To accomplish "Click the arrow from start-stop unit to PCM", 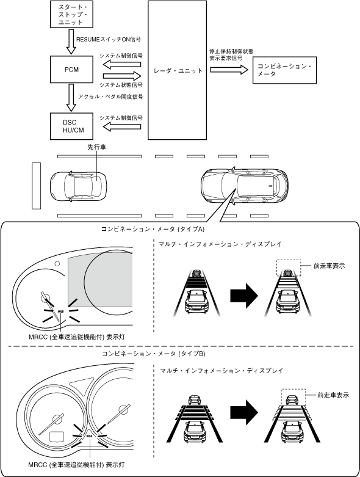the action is pyautogui.click(x=71, y=42).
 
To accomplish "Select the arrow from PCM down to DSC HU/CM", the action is pyautogui.click(x=71, y=98).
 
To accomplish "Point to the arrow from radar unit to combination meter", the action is pyautogui.click(x=229, y=70).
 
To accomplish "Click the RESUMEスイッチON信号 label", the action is pyautogui.click(x=109, y=40).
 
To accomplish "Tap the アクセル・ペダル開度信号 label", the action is pyautogui.click(x=110, y=96).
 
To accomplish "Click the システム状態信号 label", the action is pyautogui.click(x=121, y=85).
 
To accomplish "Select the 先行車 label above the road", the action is pyautogui.click(x=96, y=147).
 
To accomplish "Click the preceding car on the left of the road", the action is pyautogui.click(x=78, y=186).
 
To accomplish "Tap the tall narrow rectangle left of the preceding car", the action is pyautogui.click(x=36, y=186).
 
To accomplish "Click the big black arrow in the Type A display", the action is pyautogui.click(x=244, y=296).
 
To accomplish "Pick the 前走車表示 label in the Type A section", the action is pyautogui.click(x=329, y=266).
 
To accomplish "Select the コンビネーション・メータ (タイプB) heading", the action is pyautogui.click(x=154, y=354).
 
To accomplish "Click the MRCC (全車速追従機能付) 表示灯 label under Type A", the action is pyautogui.click(x=77, y=337).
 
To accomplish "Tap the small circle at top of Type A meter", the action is pyautogui.click(x=57, y=263).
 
